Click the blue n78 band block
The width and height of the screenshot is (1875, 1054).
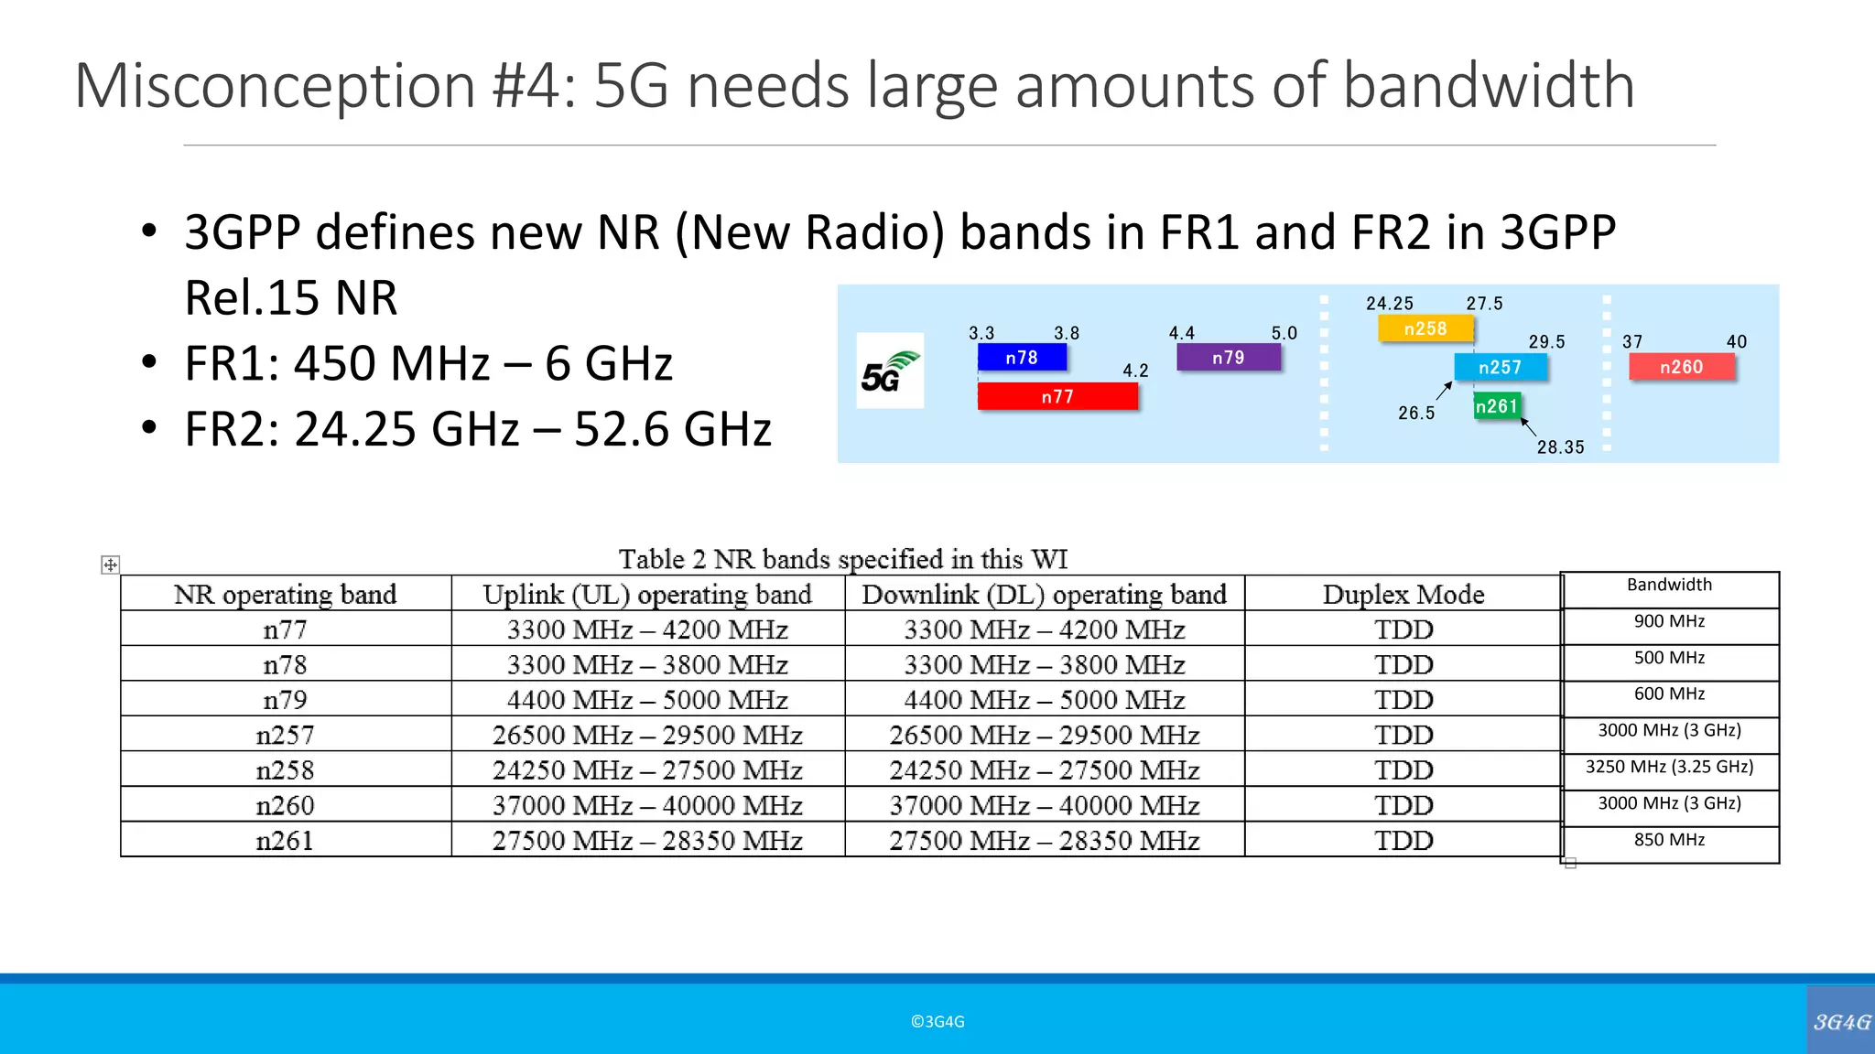pos(1022,358)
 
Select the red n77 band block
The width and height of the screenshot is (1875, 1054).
pos(1057,396)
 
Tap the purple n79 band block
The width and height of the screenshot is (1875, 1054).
pos(1228,358)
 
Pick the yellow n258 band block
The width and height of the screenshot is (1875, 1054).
pos(1425,328)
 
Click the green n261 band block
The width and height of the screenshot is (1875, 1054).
pos(1497,405)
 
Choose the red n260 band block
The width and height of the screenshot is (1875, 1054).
pos(1681,367)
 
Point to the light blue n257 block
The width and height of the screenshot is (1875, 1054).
pos(1501,367)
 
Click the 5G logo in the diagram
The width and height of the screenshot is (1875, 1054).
pos(889,371)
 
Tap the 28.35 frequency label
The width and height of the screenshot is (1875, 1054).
pos(1560,447)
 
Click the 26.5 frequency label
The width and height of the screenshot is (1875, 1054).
pos(1416,413)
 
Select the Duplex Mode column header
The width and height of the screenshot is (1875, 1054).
pos(1403,595)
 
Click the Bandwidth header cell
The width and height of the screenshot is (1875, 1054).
pos(1669,586)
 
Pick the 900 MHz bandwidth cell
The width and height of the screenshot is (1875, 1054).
pos(1669,622)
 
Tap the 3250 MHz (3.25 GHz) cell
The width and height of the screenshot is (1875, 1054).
pos(1669,768)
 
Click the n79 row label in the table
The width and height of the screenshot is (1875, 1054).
pos(285,700)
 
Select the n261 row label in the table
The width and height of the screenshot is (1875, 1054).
pos(285,841)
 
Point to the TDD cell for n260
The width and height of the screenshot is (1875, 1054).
pos(1403,806)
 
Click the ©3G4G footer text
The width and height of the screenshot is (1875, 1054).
pos(937,1022)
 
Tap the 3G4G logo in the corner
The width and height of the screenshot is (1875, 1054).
pos(1841,1021)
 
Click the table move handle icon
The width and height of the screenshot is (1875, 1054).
pos(110,565)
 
